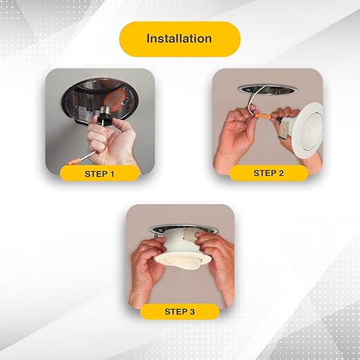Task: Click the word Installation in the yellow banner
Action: pos(179,39)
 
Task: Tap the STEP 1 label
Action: pos(99,174)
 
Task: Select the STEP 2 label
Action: pos(268,173)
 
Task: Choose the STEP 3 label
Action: pos(179,312)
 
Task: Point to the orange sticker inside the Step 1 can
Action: pos(116,99)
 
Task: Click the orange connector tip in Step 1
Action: pos(74,161)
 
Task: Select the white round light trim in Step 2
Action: pos(308,130)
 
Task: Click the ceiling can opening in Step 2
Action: pos(268,89)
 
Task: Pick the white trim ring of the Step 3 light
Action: pos(183,260)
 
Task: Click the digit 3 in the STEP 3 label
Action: pos(192,312)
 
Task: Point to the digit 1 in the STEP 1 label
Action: pos(112,174)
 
